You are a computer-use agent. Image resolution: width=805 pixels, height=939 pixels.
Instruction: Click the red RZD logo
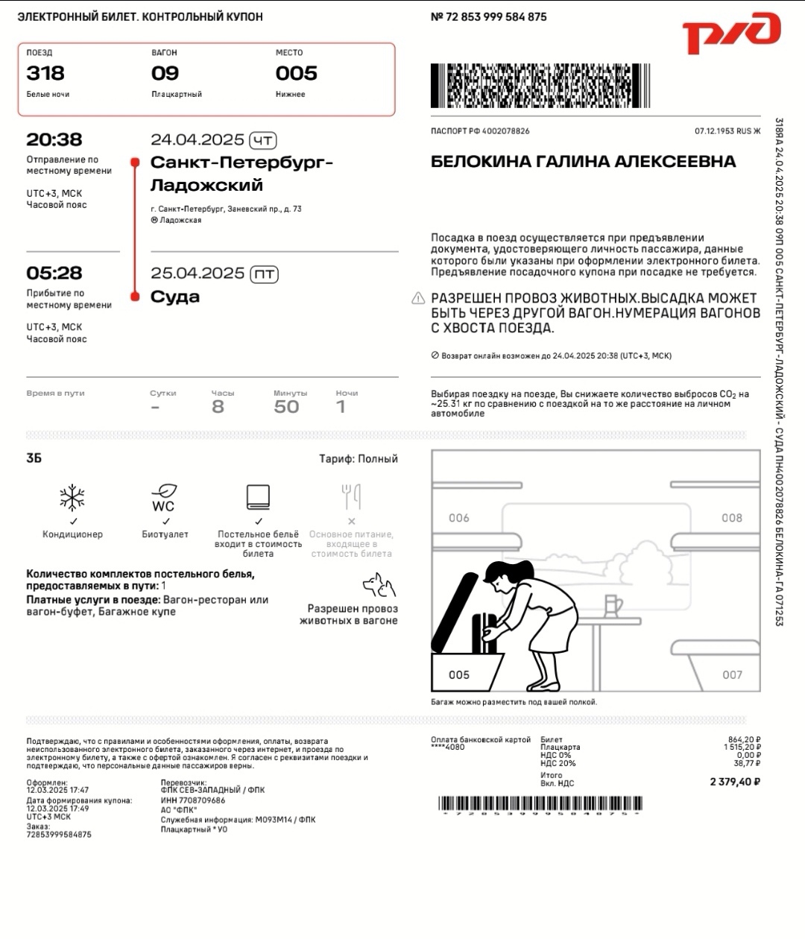(730, 34)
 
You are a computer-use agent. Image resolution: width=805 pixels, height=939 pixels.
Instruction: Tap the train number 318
(45, 73)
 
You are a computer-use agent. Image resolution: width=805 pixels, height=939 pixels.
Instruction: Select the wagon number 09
(165, 73)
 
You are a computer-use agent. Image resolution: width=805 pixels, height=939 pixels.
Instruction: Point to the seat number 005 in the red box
(297, 73)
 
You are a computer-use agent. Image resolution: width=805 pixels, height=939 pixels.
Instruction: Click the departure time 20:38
(54, 139)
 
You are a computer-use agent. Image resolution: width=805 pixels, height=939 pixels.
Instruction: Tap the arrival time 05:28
(54, 273)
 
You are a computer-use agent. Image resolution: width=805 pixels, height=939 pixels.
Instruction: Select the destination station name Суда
(175, 297)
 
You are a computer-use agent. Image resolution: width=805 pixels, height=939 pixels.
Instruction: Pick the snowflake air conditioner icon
(72, 497)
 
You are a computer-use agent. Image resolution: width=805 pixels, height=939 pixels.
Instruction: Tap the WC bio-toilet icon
(164, 497)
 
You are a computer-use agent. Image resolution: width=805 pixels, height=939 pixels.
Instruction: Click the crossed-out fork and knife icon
(351, 496)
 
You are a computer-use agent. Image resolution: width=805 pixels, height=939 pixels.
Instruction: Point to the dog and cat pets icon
(379, 585)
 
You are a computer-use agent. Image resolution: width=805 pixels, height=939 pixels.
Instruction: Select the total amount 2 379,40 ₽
(735, 782)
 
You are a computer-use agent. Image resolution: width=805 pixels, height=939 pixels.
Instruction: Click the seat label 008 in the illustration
(732, 518)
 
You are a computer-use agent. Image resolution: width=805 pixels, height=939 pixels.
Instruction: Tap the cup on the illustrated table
(613, 604)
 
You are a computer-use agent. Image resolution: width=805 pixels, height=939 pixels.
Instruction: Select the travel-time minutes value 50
(286, 407)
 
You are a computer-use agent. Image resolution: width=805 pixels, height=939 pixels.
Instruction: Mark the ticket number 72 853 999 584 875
(496, 16)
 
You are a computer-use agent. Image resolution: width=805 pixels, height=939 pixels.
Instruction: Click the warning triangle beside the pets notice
(418, 299)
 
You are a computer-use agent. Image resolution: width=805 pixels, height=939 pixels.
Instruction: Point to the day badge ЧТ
(263, 140)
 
